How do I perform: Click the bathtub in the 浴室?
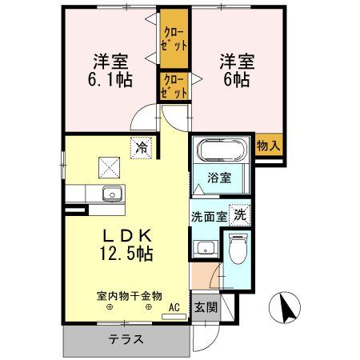click(x=221, y=150)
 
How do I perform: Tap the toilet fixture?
click(x=238, y=249)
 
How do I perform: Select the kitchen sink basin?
click(x=113, y=194)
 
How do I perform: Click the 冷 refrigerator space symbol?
click(x=141, y=148)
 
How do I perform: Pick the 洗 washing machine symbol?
click(x=240, y=215)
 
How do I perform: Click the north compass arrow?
click(x=287, y=307)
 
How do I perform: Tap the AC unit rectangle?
click(x=174, y=317)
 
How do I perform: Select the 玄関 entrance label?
click(x=206, y=307)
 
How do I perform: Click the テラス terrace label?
click(x=126, y=339)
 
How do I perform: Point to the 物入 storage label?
click(x=269, y=146)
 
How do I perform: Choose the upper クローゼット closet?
click(x=174, y=39)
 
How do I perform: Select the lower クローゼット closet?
click(x=174, y=86)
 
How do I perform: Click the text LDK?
click(x=127, y=235)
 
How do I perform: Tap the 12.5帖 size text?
click(x=126, y=254)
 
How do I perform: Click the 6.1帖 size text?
click(x=110, y=79)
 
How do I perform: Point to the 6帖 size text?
click(x=237, y=79)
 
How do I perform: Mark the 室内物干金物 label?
click(x=130, y=296)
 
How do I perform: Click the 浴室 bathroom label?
click(x=219, y=178)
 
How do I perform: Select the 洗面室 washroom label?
click(x=210, y=217)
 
